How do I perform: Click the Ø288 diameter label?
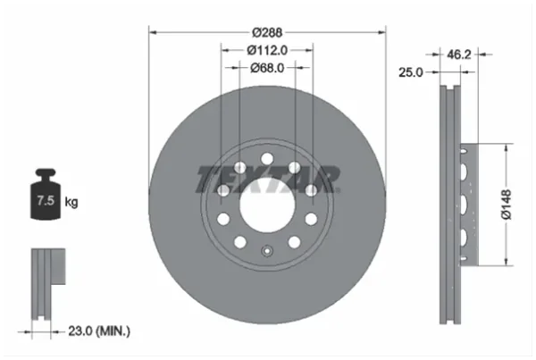(x=267, y=32)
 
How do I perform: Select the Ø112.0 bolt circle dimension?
(x=267, y=51)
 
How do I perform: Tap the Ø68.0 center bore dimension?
(x=267, y=68)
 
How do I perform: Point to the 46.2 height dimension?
(x=459, y=54)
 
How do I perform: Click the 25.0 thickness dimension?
(x=411, y=72)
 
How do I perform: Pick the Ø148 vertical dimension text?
(x=506, y=205)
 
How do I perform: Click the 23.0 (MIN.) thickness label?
(x=99, y=331)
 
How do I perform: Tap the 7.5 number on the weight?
(x=46, y=200)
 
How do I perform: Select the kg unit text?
(x=71, y=202)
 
